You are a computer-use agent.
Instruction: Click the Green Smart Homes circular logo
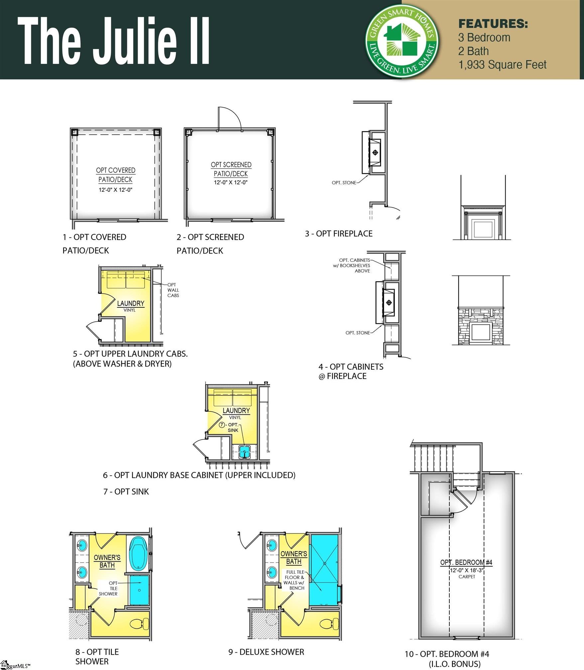(x=402, y=42)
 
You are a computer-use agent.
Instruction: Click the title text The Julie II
(x=113, y=41)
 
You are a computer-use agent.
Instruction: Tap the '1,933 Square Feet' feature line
(x=502, y=65)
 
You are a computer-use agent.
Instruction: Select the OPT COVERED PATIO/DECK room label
(x=115, y=175)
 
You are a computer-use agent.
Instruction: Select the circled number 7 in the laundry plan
(x=222, y=425)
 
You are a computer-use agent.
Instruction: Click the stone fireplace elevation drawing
(x=481, y=326)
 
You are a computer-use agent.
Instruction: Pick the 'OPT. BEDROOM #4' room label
(x=466, y=562)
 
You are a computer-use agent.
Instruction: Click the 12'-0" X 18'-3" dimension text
(x=467, y=570)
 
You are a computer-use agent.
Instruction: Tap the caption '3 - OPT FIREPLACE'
(x=338, y=234)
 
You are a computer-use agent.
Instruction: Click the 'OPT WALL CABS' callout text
(x=173, y=290)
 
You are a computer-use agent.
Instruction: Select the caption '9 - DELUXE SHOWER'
(x=266, y=652)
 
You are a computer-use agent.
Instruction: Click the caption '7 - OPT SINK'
(x=126, y=492)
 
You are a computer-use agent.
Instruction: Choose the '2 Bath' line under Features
(x=473, y=51)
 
